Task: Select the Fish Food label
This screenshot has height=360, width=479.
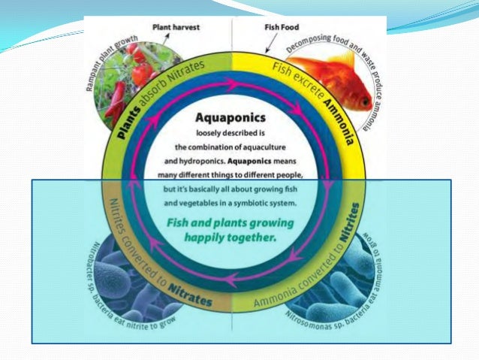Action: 281,26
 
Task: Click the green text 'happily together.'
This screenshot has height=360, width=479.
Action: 230,237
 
